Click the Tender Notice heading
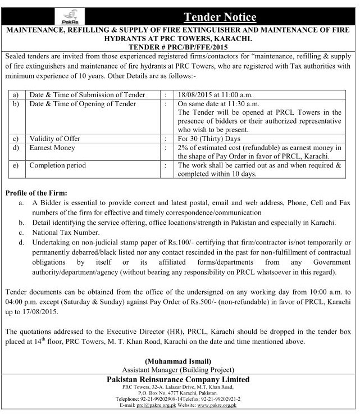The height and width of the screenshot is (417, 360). coord(216,17)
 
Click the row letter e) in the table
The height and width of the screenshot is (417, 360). coord(15,166)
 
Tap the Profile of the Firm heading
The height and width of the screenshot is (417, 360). coord(37,192)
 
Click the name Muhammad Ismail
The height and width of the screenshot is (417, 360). coord(179,360)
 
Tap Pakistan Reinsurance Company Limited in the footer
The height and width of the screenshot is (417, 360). coord(179,379)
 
